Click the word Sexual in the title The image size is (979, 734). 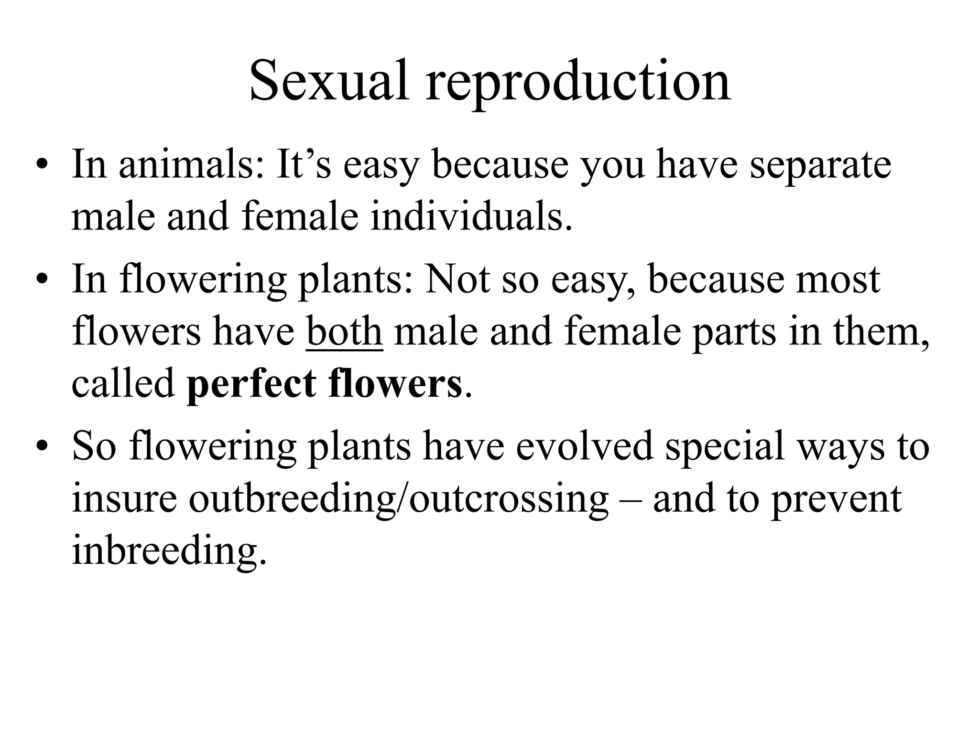329,81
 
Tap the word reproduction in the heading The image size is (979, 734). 578,84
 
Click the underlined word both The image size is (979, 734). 344,332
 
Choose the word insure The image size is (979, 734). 124,499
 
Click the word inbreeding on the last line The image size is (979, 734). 168,552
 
